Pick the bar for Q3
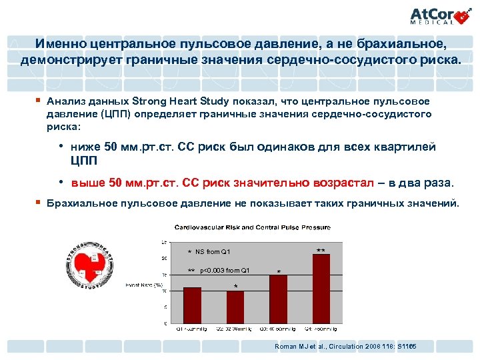pos(278,299)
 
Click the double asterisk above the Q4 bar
pos(321,251)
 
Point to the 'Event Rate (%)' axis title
pos(145,285)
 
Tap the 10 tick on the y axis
pos(165,291)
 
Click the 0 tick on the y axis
pos(165,323)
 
